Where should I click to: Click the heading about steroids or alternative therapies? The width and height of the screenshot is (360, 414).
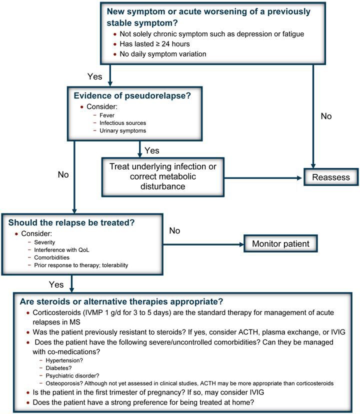pyautogui.click(x=121, y=301)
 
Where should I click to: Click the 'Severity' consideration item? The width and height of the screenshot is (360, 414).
pyautogui.click(x=45, y=242)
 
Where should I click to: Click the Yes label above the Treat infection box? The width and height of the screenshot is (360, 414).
pyautogui.click(x=151, y=149)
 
